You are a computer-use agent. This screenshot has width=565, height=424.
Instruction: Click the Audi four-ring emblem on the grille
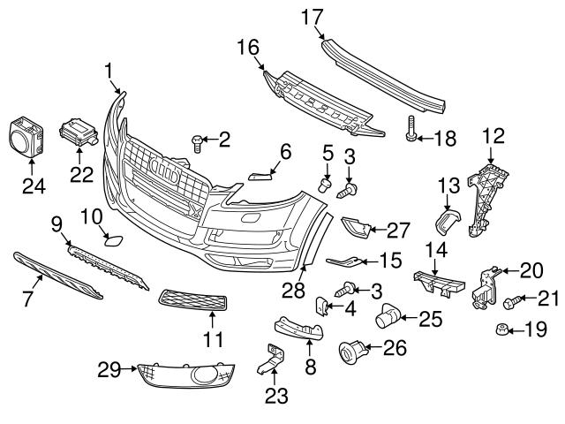coord(168,167)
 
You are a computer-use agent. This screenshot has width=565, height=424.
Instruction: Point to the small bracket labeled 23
coord(272,361)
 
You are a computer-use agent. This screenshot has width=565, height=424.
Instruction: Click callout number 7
coord(26,299)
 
